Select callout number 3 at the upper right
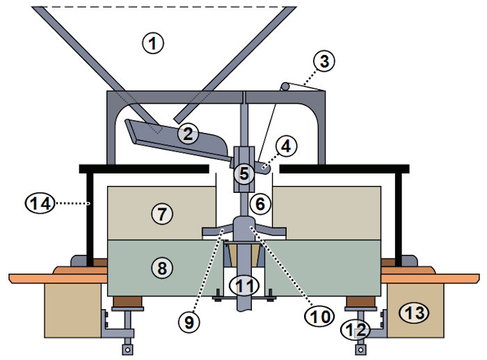pyautogui.click(x=322, y=61)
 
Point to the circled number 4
pyautogui.click(x=286, y=147)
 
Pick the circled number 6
pyautogui.click(x=260, y=204)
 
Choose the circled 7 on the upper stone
pyautogui.click(x=161, y=214)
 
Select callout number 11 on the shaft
pyautogui.click(x=243, y=284)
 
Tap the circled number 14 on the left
pyautogui.click(x=38, y=203)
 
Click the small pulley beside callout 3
pyautogui.click(x=285, y=86)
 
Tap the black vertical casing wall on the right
pyautogui.click(x=399, y=216)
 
